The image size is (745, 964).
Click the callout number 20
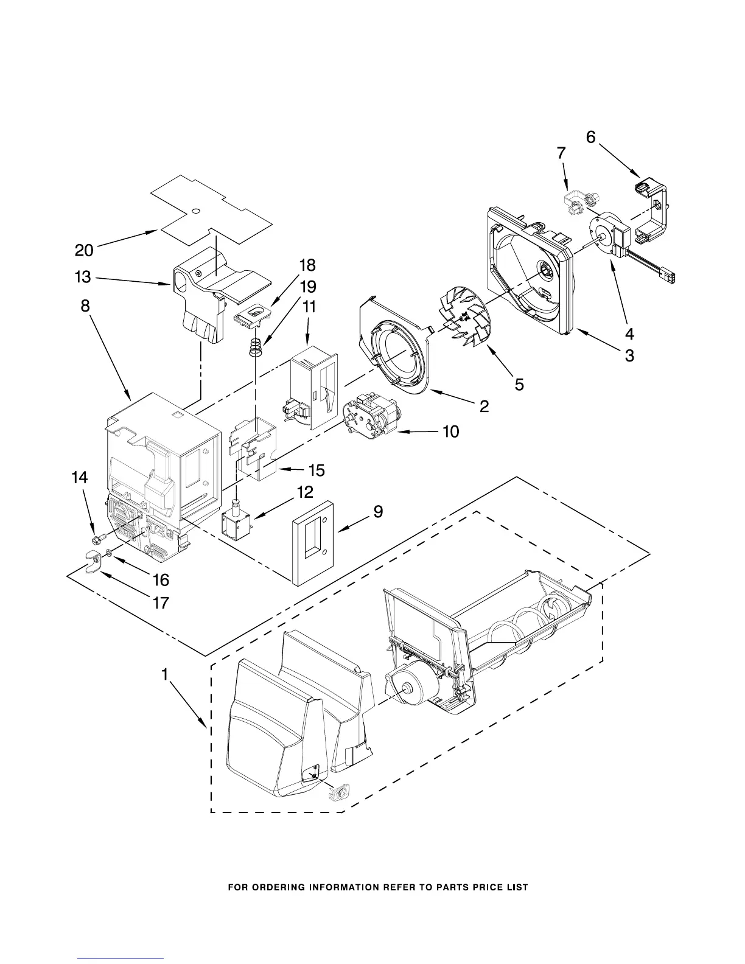pyautogui.click(x=84, y=250)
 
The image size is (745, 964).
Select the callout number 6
pyautogui.click(x=590, y=138)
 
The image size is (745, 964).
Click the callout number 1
pyautogui.click(x=164, y=674)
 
